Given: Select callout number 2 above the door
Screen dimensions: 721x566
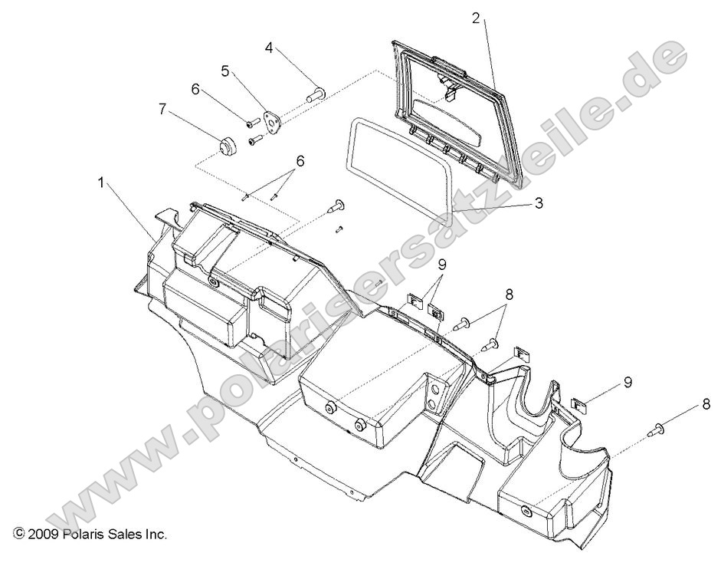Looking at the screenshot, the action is (476, 18).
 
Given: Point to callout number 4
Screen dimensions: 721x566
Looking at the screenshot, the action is (269, 47).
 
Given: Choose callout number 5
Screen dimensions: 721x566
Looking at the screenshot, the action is (224, 71).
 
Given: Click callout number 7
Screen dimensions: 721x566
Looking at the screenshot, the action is (162, 109).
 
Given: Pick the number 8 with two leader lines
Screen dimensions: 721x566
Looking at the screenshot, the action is (509, 293).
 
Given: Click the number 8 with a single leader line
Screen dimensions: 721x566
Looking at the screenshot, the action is (706, 404).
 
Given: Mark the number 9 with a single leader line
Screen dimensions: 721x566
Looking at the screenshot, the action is (628, 381).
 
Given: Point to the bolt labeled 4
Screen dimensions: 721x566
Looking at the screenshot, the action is (316, 95).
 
